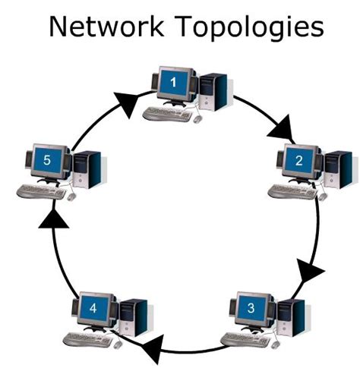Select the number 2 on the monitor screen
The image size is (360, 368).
coord(298,160)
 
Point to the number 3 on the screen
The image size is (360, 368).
coord(251,310)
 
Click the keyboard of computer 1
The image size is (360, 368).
coord(169,114)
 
